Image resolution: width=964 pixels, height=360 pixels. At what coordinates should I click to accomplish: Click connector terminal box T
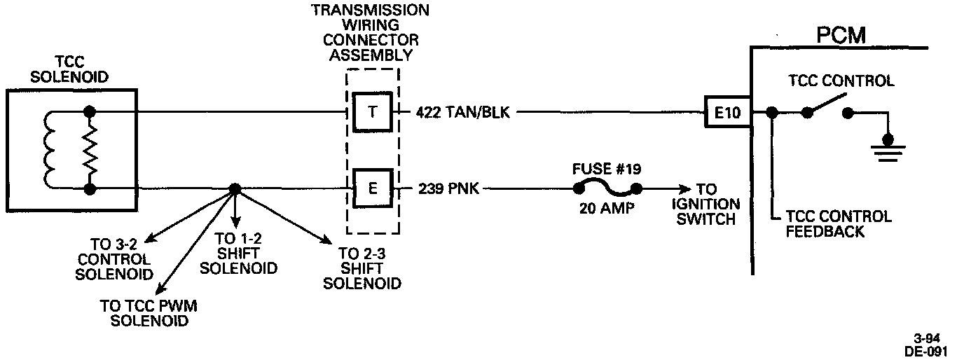[x=372, y=111]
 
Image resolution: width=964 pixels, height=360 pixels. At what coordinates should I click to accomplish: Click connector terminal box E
[x=372, y=188]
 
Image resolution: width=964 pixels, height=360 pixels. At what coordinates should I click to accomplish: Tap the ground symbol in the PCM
[x=888, y=148]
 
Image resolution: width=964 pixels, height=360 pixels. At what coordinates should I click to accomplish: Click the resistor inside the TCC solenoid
[x=89, y=150]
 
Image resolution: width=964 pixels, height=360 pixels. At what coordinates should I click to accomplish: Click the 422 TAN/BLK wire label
[x=462, y=112]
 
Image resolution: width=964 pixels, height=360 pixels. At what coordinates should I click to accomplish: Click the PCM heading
[x=841, y=35]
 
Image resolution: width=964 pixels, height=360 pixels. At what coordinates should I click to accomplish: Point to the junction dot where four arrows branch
[x=235, y=189]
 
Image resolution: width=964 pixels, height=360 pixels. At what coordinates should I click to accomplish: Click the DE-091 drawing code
[x=930, y=350]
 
